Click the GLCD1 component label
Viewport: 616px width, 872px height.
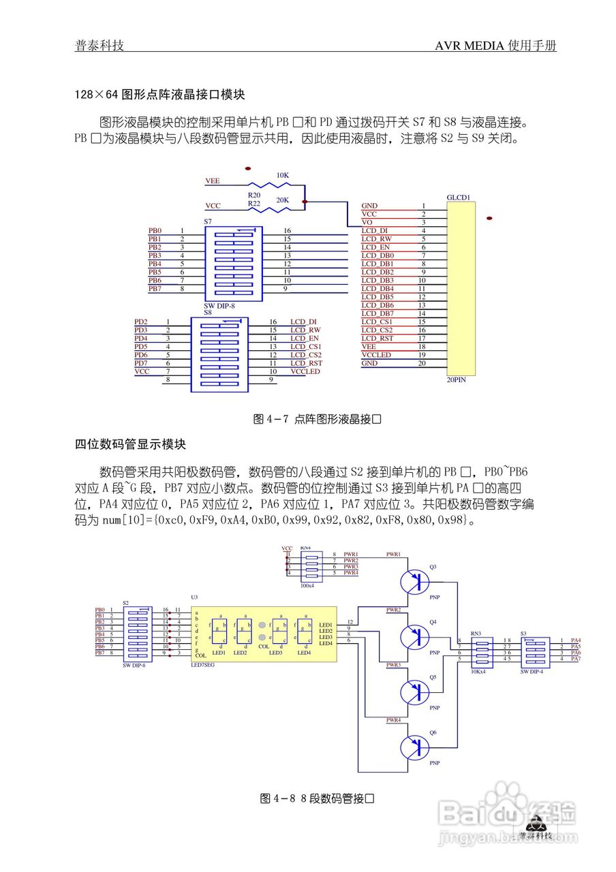pos(459,198)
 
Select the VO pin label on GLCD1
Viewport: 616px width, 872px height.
pos(367,222)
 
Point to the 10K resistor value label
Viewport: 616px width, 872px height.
pos(282,175)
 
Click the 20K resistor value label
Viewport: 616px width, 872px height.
pos(282,200)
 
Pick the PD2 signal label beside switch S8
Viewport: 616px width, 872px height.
pos(140,322)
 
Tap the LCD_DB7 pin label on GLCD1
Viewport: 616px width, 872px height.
pos(377,313)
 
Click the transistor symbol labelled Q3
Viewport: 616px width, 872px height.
pos(413,581)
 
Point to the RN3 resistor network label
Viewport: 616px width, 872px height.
pos(475,634)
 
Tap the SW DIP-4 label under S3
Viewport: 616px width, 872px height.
pos(533,671)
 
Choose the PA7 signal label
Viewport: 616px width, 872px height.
pos(576,659)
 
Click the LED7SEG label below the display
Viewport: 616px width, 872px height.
pos(202,665)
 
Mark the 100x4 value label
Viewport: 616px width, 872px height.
pos(307,585)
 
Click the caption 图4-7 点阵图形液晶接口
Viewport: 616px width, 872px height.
pos(316,420)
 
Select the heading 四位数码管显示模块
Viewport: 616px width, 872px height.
pos(130,444)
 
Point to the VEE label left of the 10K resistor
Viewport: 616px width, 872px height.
pos(213,181)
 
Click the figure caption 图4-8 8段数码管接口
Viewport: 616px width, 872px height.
pos(318,798)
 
